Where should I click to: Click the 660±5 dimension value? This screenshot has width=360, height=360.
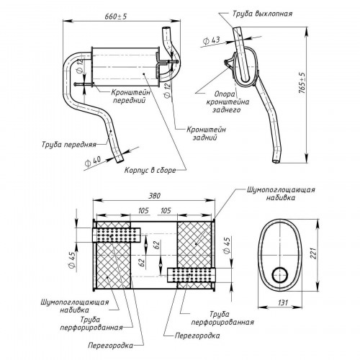coord(116,17)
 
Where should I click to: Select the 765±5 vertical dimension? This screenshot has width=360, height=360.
coord(303,83)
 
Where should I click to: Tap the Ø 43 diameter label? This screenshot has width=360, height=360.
coord(211,40)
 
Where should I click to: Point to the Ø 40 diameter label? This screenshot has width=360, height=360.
coord(93,161)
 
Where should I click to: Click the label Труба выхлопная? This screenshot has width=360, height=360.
coord(262,14)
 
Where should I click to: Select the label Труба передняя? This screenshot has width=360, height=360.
coord(69,145)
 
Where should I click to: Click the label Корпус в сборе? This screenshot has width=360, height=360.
coord(150,170)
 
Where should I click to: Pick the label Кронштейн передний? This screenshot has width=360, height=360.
coord(131,96)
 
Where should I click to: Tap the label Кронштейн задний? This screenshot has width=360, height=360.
coord(206,133)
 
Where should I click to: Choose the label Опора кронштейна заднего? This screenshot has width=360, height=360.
coord(228,102)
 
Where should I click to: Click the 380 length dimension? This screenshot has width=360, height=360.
coord(154,196)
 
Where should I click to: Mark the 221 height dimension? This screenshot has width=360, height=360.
coord(313,253)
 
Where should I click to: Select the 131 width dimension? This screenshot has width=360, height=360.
coord(283,302)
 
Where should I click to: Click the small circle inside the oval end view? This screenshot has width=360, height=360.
coord(279,275)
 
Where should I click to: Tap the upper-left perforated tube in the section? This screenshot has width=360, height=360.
coord(117,235)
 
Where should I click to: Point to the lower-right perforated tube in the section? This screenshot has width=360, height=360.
coord(192,275)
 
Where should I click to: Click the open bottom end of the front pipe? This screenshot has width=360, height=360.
coord(120,159)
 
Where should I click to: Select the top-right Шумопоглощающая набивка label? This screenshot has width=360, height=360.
coord(281,194)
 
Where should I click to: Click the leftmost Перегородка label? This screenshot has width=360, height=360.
coord(110,346)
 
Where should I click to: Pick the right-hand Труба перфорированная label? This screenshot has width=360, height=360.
coord(222,318)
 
